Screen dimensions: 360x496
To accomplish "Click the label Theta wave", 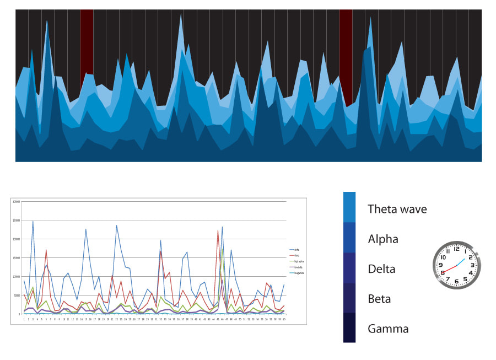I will [397, 209].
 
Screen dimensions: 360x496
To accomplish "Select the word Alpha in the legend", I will [383, 239].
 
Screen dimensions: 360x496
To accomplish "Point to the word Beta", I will [379, 299].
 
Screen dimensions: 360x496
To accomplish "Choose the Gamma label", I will [388, 329].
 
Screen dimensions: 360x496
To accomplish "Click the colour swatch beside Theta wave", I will [349, 207].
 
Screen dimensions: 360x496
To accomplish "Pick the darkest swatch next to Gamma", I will [349, 327].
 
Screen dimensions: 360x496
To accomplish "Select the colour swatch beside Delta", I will [349, 268].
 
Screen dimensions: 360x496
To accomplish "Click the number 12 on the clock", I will [456, 249].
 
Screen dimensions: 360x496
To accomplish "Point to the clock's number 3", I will [473, 265].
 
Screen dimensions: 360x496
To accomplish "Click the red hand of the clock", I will [449, 269].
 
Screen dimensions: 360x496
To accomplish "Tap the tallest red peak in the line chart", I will [218, 231].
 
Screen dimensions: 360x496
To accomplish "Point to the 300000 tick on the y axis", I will [17, 202].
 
